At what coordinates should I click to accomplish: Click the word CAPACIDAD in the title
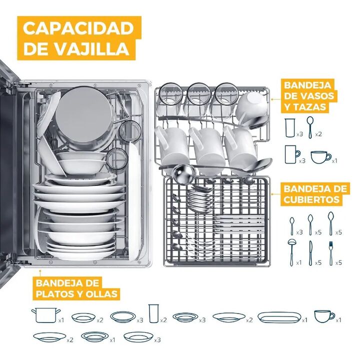[x=78, y=28]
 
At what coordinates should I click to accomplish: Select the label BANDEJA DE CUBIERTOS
[x=315, y=194]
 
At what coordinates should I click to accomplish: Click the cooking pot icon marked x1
[x=45, y=315]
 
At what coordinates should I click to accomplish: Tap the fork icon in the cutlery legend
[x=331, y=253]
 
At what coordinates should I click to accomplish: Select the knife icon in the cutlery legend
[x=310, y=253]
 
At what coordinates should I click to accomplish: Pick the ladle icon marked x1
[x=291, y=252]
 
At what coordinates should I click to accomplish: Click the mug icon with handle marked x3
[x=292, y=154]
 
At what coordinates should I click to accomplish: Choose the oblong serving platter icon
[x=279, y=317]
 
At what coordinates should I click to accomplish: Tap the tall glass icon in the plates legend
[x=154, y=313]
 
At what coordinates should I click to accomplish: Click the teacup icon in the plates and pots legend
[x=324, y=316]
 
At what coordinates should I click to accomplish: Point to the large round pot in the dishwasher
[x=84, y=118]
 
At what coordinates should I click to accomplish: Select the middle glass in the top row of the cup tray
[x=198, y=93]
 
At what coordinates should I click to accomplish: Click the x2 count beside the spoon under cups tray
[x=318, y=134]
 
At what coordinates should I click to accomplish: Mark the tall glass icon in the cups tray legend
[x=289, y=128]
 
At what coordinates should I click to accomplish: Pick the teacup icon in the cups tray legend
[x=321, y=157]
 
